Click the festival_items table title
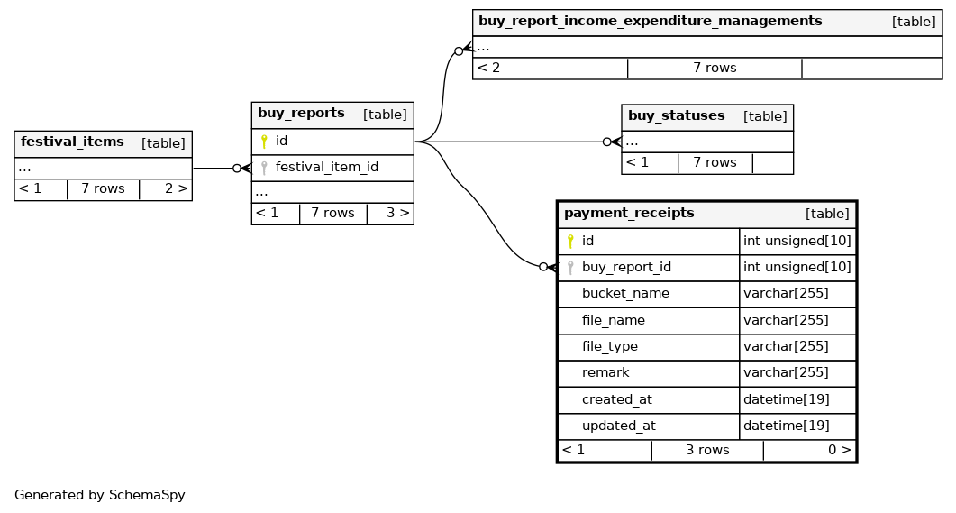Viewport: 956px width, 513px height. coord(72,142)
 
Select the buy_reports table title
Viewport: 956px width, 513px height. coord(301,114)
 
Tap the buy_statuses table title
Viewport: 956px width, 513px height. coord(676,116)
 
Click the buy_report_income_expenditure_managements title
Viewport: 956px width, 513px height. coord(650,22)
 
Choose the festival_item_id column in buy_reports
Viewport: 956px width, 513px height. coord(326,167)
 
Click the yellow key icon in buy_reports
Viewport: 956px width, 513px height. coord(264,142)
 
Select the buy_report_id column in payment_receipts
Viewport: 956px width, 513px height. coord(626,267)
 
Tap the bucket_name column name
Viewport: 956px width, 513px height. coord(625,293)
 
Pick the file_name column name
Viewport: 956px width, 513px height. coord(613,320)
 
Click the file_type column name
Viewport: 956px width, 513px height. coord(609,346)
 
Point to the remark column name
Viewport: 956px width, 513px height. coord(605,372)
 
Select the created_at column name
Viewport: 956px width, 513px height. coord(616,399)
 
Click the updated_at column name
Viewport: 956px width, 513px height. coord(618,426)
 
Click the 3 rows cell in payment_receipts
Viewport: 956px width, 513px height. coord(707,450)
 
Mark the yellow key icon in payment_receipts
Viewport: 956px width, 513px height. coord(570,241)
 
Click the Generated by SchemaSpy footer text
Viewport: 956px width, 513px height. coord(99,495)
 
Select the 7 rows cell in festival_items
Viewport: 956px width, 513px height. coord(103,189)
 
